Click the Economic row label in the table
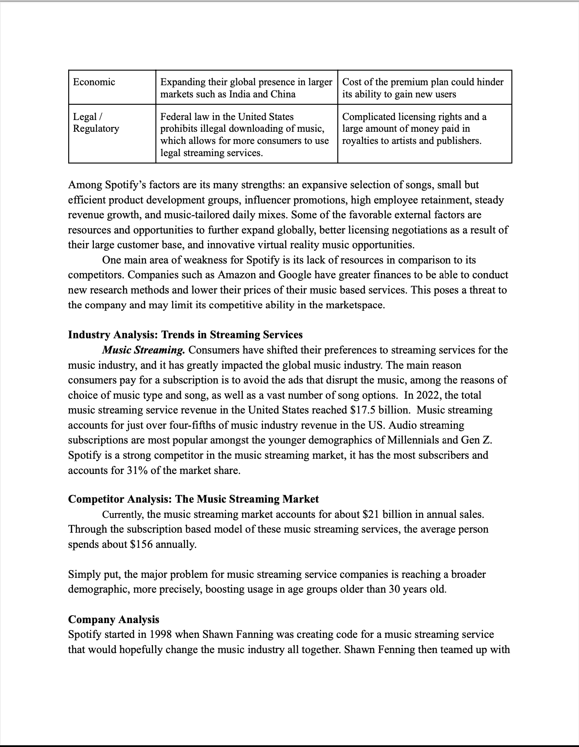click(94, 82)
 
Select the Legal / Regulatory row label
click(96, 123)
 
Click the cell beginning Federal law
click(246, 135)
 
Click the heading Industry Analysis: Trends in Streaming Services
click(185, 335)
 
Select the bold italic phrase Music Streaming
click(143, 350)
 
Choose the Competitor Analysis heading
click(193, 499)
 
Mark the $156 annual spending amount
click(141, 544)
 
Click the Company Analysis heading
click(113, 620)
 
